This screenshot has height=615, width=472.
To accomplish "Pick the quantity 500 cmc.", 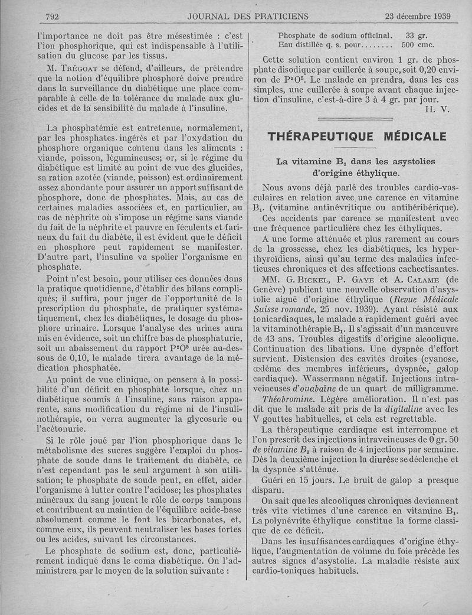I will point(418,44).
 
